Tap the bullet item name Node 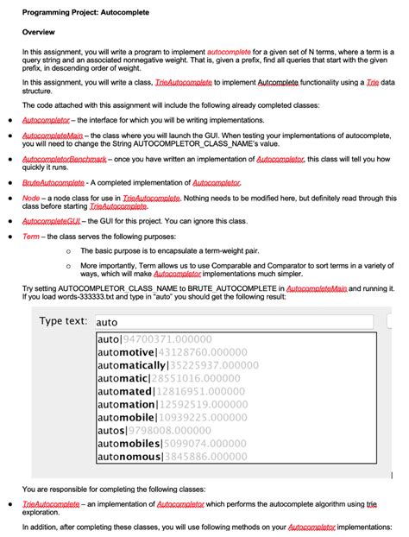click(31, 198)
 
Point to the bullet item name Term click(32, 236)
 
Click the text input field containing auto click(233, 321)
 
